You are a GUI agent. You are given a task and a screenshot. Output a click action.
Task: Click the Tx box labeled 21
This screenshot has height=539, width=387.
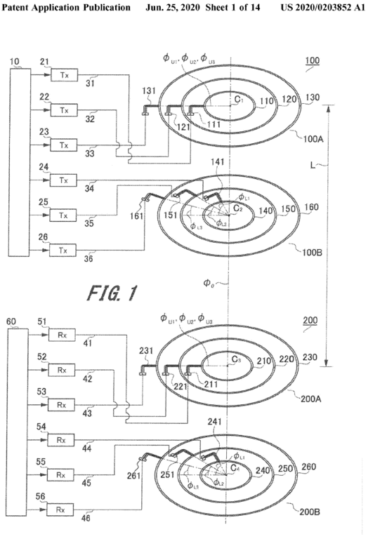[x=65, y=75]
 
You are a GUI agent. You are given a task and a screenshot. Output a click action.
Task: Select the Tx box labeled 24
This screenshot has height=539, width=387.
[x=64, y=180]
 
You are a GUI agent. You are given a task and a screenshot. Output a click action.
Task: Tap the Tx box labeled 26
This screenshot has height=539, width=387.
[x=63, y=251]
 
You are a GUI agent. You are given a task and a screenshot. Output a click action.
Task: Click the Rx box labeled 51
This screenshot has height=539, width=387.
[x=62, y=335]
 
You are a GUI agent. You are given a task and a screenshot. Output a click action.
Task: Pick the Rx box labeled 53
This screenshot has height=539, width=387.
[x=61, y=405]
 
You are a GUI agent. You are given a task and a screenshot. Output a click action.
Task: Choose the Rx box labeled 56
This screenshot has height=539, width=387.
[x=60, y=510]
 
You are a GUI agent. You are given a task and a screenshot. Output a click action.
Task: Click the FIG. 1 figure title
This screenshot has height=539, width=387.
[x=112, y=293]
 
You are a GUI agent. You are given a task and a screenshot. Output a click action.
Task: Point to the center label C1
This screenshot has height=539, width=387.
[x=239, y=100]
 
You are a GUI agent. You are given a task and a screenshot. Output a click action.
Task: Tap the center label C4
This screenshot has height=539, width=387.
[x=235, y=468]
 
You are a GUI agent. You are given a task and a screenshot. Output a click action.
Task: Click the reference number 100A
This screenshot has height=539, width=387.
[x=313, y=139]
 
